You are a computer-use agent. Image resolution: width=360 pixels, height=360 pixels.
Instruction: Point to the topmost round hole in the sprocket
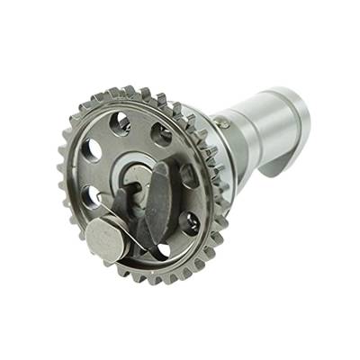[121, 121]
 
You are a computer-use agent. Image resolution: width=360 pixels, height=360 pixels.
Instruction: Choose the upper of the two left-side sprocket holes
[91, 150]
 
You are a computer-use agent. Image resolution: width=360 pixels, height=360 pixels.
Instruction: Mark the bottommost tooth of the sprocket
[148, 279]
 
